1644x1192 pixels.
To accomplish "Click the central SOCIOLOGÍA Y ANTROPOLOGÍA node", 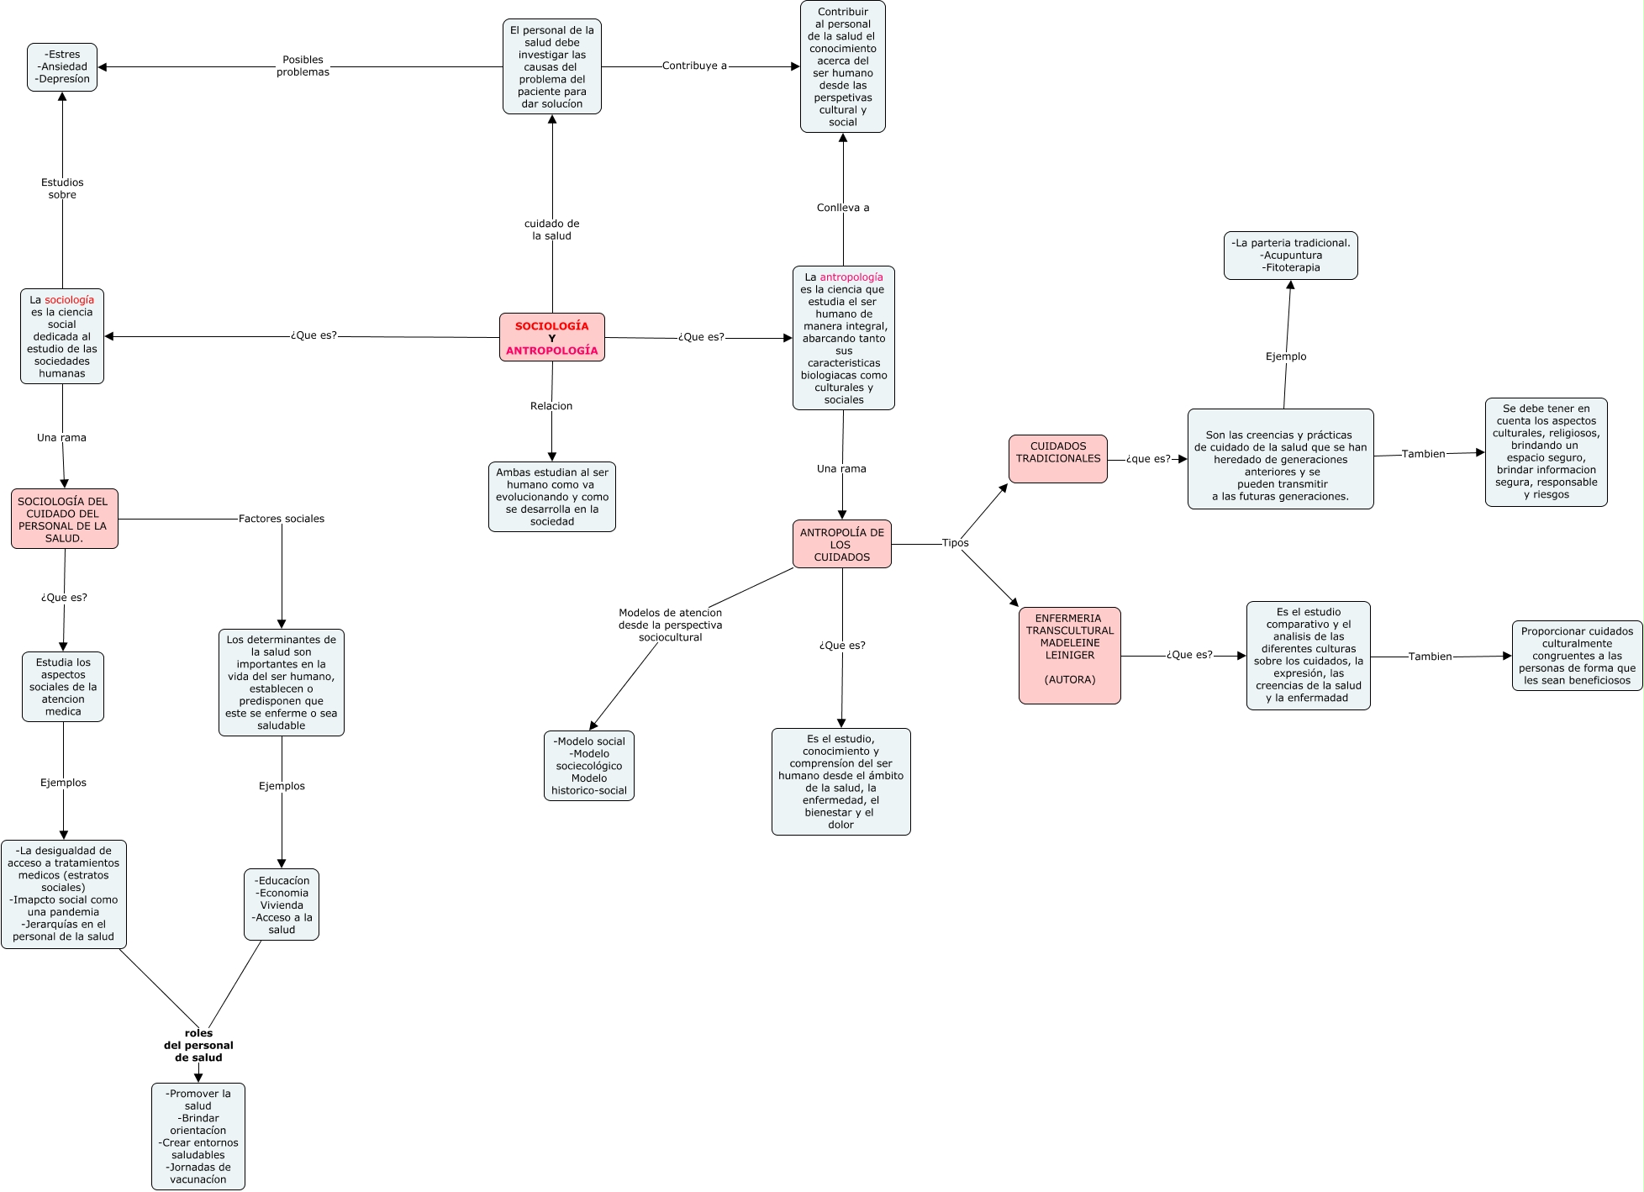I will pyautogui.click(x=551, y=338).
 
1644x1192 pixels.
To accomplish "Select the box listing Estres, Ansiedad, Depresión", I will pyautogui.click(x=62, y=67).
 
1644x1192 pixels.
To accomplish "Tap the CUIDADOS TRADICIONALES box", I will pyautogui.click(x=1057, y=458).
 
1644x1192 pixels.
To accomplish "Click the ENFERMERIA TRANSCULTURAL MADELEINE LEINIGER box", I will pyautogui.click(x=1069, y=655).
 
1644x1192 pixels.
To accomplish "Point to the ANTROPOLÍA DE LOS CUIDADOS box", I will pyautogui.click(x=841, y=544).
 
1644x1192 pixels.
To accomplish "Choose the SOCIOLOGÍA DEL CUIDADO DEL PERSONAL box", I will pyautogui.click(x=64, y=519).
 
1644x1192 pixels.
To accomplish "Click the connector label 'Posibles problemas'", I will pyautogui.click(x=303, y=66).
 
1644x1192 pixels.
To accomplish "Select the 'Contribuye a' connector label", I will pyautogui.click(x=694, y=66).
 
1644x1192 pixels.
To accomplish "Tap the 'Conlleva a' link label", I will pyautogui.click(x=843, y=208).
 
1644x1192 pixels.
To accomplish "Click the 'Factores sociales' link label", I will pyautogui.click(x=281, y=519).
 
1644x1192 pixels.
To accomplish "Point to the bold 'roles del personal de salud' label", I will pyautogui.click(x=198, y=1045).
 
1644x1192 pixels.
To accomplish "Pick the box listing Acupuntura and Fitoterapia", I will pyautogui.click(x=1290, y=256).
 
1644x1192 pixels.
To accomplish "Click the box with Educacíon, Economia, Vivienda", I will pyautogui.click(x=282, y=905).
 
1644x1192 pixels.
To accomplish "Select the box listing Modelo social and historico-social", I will pyautogui.click(x=588, y=766).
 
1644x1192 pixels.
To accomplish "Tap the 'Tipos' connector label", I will pyautogui.click(x=955, y=543).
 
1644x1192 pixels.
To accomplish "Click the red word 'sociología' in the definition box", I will pyautogui.click(x=69, y=300).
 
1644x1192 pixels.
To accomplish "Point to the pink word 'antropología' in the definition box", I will pyautogui.click(x=851, y=277).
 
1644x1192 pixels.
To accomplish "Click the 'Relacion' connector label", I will pyautogui.click(x=551, y=406).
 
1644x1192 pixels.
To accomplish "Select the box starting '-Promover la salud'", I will pyautogui.click(x=198, y=1136).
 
